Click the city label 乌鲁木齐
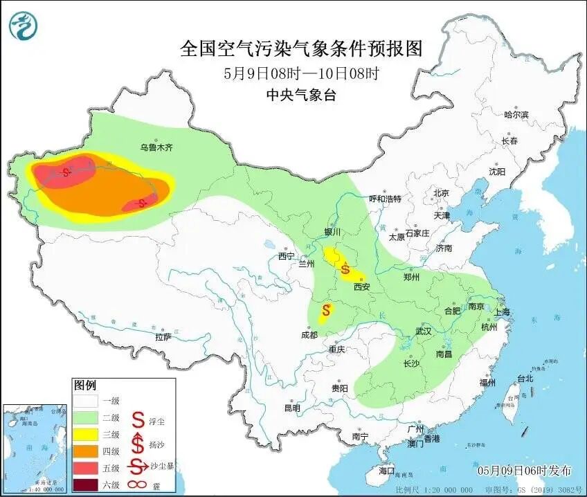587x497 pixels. click(x=156, y=147)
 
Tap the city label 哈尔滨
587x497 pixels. click(x=516, y=115)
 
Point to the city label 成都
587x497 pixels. click(x=309, y=335)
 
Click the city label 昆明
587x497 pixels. click(x=291, y=408)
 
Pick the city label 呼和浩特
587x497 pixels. click(x=385, y=199)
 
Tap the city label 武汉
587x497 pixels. click(x=424, y=332)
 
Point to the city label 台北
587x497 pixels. click(x=525, y=378)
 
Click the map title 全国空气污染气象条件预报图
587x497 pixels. click(x=301, y=48)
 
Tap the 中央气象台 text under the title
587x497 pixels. click(x=301, y=96)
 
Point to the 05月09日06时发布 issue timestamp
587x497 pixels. click(x=525, y=471)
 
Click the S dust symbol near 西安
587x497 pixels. click(x=345, y=269)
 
